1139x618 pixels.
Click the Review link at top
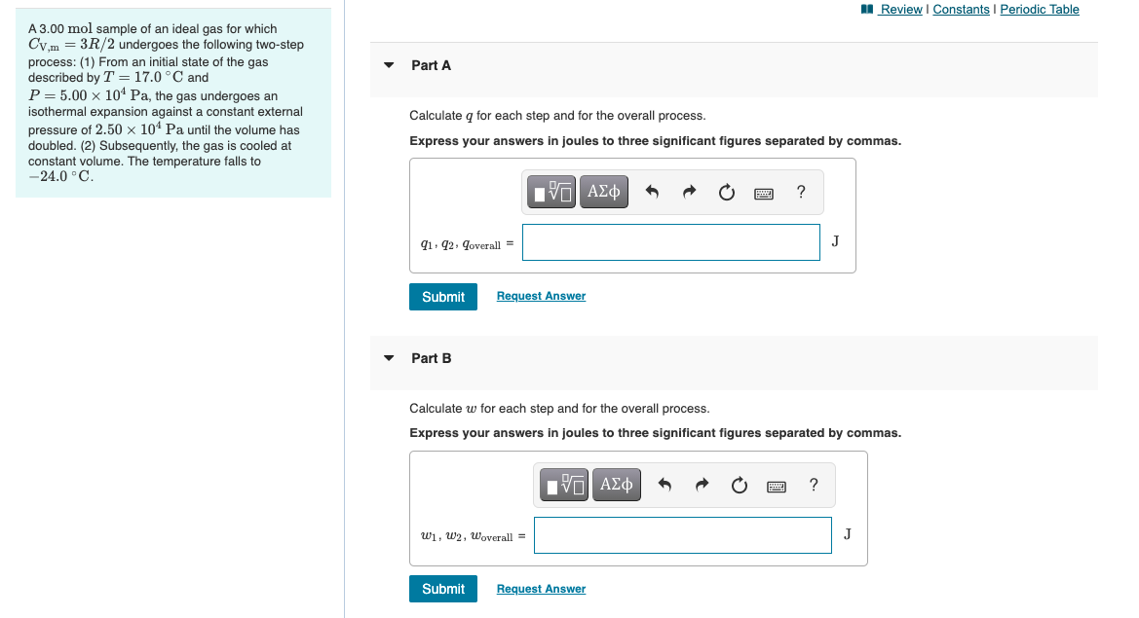[900, 10]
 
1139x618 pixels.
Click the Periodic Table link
[1040, 10]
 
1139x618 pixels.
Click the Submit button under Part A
[443, 297]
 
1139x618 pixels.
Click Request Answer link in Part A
[541, 296]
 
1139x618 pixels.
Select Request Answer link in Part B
[541, 589]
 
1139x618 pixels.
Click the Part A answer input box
[670, 242]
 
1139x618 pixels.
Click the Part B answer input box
[682, 534]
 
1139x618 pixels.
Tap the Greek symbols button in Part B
[617, 484]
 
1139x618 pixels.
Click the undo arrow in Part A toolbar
[653, 193]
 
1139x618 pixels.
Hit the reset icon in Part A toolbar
[726, 193]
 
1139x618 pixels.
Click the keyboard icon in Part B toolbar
[777, 485]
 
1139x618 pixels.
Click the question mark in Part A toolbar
[801, 192]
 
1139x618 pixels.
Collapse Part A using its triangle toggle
[389, 66]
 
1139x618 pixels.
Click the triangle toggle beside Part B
[389, 359]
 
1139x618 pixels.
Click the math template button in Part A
[552, 192]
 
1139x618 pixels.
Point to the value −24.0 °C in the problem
[61, 177]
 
